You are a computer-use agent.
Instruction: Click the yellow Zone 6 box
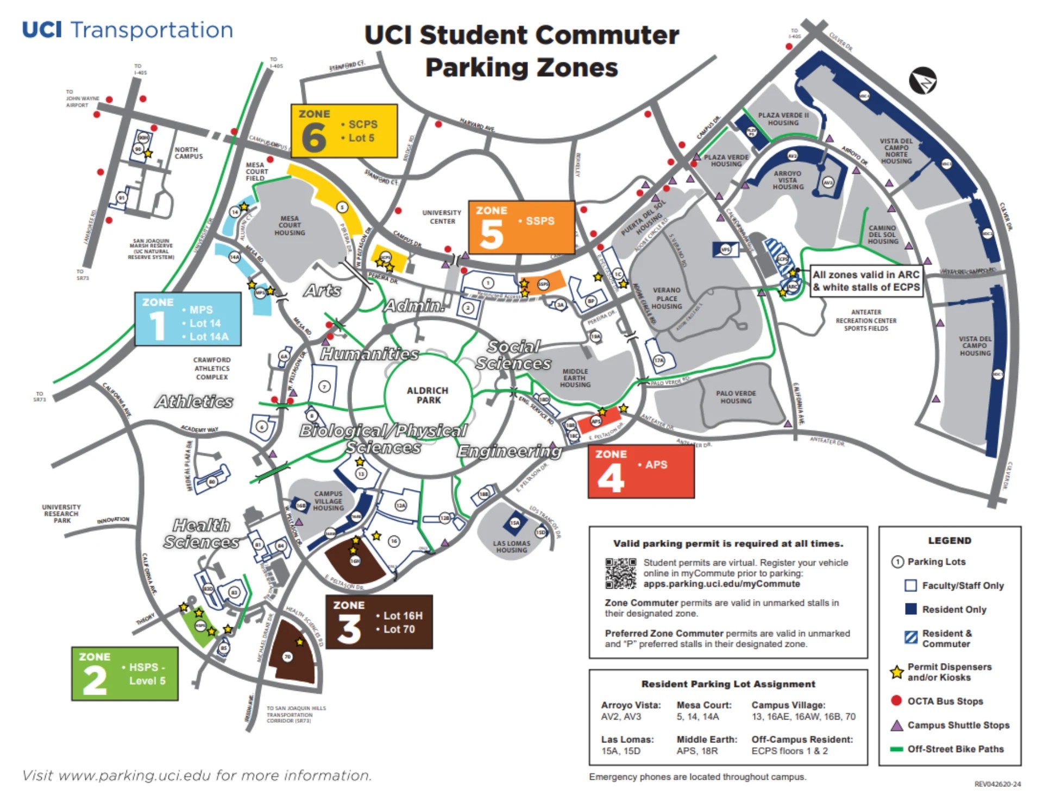click(344, 131)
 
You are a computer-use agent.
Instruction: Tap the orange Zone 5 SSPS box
click(521, 228)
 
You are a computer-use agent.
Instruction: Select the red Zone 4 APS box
click(641, 471)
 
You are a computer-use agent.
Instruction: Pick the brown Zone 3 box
click(379, 622)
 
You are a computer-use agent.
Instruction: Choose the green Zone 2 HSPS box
click(125, 673)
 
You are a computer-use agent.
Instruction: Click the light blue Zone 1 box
click(188, 319)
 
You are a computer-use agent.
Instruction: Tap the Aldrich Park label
click(428, 395)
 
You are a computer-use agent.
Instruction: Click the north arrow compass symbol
click(922, 81)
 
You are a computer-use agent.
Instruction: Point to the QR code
click(620, 573)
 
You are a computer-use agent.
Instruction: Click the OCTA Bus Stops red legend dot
click(896, 701)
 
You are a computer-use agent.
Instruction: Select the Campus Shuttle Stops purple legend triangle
click(897, 725)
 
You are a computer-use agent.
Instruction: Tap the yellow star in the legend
click(896, 672)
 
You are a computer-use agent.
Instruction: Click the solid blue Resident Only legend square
click(911, 609)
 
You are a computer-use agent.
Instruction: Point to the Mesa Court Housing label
click(290, 225)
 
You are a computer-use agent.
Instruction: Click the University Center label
click(442, 217)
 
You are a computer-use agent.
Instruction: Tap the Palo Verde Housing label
click(736, 397)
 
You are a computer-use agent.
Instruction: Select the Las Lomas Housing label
click(511, 546)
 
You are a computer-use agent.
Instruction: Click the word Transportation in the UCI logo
click(152, 30)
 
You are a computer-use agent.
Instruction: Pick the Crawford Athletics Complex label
click(212, 368)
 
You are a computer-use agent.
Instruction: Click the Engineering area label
click(509, 451)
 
